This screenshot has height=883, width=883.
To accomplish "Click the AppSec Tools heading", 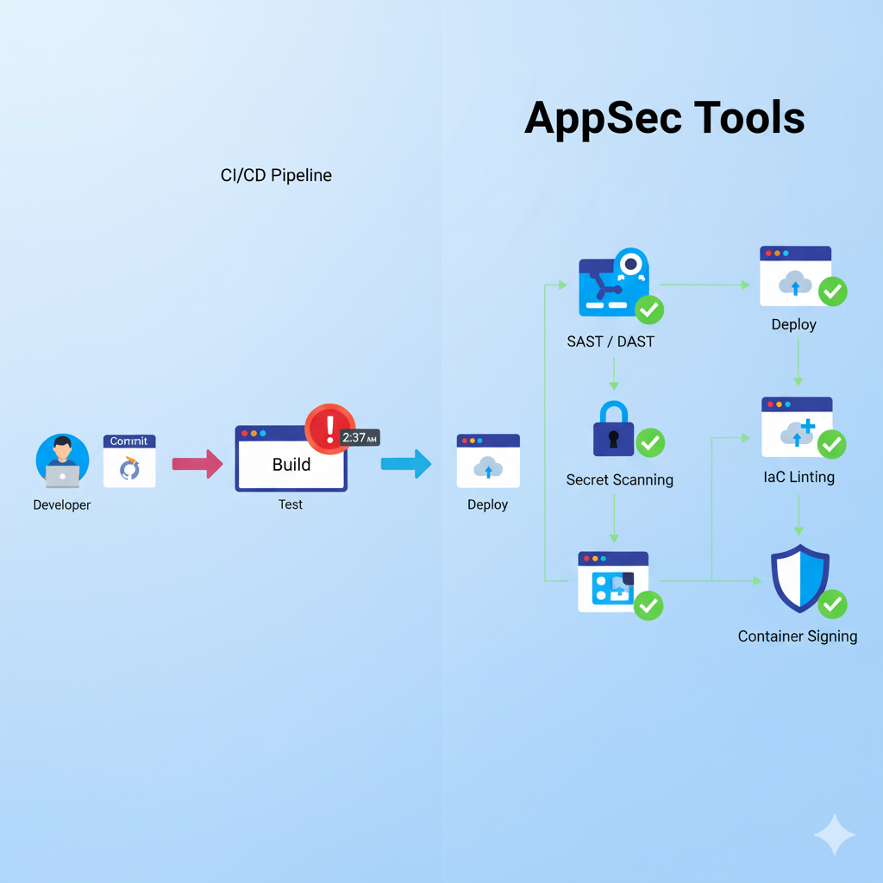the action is [x=664, y=118].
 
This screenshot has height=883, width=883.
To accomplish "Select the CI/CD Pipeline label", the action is [x=276, y=176].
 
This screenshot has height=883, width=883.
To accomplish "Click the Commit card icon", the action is [x=129, y=461].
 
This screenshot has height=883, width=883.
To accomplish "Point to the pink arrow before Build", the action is [x=197, y=464].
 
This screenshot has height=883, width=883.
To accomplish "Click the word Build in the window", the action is [x=291, y=465].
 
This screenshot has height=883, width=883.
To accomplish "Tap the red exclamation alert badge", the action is [x=329, y=429].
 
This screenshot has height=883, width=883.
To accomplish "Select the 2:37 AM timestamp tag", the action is [x=360, y=438].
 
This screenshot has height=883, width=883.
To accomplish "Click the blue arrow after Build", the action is [x=406, y=464].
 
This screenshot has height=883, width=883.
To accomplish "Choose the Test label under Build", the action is [x=291, y=504].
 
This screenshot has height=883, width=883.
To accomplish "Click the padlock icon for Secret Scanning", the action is [x=613, y=429].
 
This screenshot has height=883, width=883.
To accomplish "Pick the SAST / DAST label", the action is [x=611, y=341].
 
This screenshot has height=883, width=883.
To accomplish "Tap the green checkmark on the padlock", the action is [x=650, y=443].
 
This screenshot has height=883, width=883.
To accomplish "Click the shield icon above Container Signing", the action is [x=799, y=578].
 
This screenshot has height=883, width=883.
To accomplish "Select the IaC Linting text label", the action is [x=798, y=477].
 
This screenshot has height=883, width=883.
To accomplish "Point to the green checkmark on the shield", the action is [x=832, y=604].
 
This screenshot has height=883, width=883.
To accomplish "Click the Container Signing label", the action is [x=798, y=636].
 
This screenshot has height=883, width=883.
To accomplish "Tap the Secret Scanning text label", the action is [x=619, y=479].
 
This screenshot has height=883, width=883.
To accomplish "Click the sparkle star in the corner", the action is [x=835, y=834].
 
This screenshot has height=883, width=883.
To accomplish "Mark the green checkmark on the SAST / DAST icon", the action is [x=649, y=309].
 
